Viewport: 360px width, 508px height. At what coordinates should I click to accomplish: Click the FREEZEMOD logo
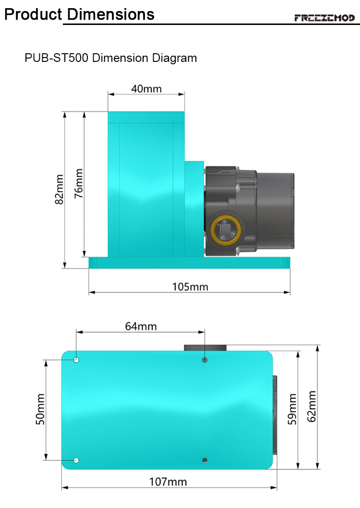(x=324, y=18)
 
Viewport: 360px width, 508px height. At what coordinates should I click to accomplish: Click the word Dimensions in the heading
(x=110, y=14)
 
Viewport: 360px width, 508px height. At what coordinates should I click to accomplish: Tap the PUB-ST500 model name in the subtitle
(x=57, y=58)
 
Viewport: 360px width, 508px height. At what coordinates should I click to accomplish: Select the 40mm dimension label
(x=146, y=89)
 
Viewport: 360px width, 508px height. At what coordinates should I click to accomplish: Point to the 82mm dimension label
(x=59, y=189)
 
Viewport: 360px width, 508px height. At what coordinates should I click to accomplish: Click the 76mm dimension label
(x=79, y=183)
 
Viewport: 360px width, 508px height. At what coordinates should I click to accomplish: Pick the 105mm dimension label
(x=190, y=287)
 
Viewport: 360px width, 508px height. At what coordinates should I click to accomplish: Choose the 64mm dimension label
(x=141, y=326)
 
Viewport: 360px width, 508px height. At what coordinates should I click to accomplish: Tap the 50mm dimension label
(x=40, y=409)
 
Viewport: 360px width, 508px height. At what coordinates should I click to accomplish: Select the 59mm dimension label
(x=292, y=409)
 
